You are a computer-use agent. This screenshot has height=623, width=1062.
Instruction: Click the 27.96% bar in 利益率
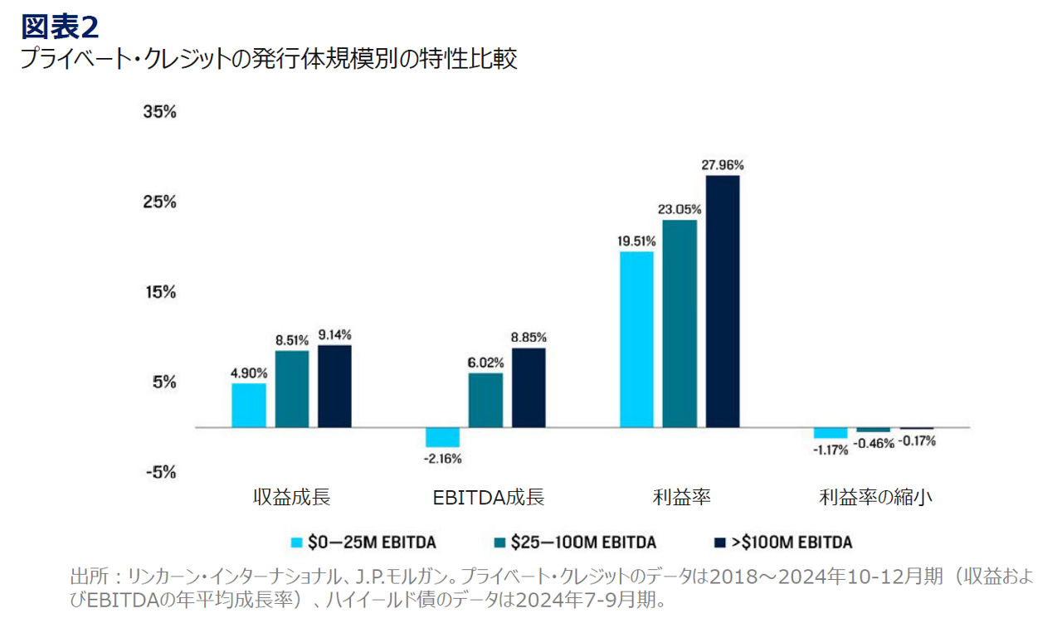coord(723,301)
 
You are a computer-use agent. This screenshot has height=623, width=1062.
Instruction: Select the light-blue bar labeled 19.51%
coord(636,339)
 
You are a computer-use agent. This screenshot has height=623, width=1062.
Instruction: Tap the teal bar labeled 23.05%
coord(680,324)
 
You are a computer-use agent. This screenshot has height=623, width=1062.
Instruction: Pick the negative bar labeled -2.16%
coord(442,437)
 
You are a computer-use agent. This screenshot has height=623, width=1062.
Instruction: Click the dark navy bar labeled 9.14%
coord(334,387)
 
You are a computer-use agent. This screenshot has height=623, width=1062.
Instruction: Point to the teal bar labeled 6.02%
coord(485,400)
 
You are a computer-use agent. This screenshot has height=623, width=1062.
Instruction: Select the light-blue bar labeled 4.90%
coord(249,405)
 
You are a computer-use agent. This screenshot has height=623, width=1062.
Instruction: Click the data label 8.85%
coord(529,338)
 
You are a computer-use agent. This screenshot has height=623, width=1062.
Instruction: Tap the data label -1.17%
coord(831,450)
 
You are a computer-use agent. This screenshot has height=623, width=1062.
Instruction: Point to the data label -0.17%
coord(917,441)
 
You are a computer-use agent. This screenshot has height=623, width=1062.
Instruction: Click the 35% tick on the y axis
coord(159,112)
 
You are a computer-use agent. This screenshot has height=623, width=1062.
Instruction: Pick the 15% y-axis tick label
coord(159,292)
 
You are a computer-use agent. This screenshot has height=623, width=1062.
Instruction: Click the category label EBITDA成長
coord(489,498)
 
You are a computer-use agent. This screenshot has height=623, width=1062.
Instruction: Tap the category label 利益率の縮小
coord(875,498)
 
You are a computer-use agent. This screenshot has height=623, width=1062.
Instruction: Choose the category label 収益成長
coord(291,498)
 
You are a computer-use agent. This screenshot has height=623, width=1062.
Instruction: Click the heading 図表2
coord(60,27)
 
